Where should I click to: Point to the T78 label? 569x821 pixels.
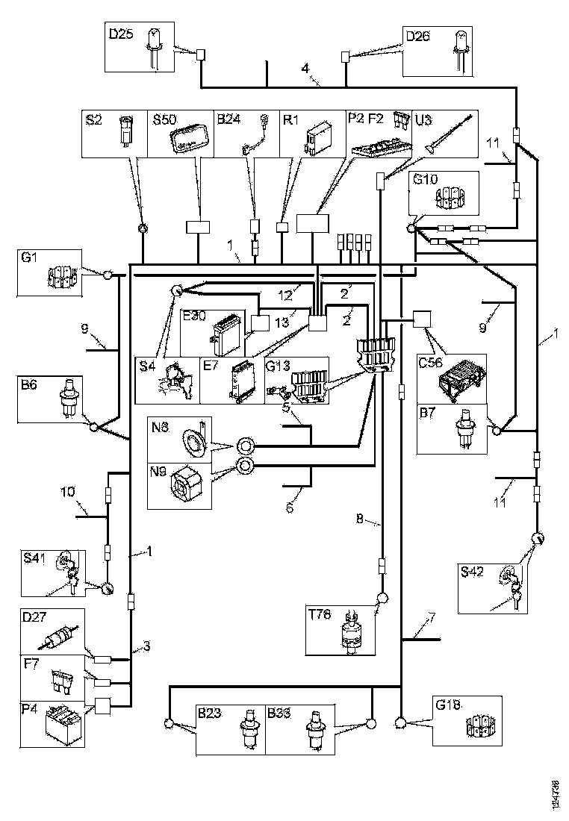pos(321,614)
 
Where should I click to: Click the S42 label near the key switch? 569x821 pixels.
pos(473,572)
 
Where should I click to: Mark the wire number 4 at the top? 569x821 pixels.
pos(305,69)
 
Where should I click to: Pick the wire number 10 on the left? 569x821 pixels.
pos(66,493)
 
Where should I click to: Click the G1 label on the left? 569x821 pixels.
pos(29,258)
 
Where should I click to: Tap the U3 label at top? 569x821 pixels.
pos(423,119)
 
